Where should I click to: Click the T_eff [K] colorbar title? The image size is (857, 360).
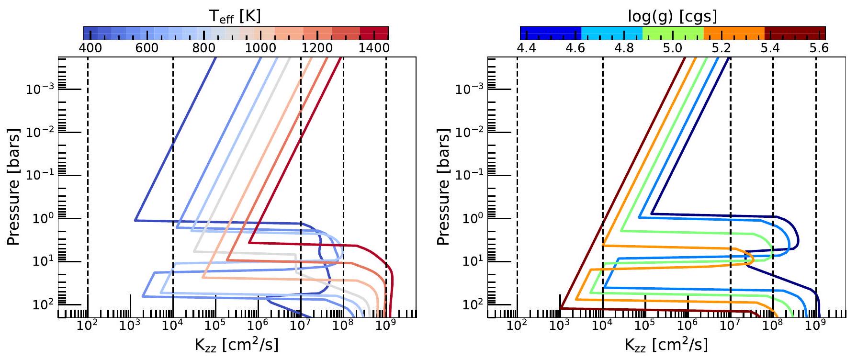coord(235,16)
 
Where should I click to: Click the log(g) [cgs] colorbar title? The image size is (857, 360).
coord(672,16)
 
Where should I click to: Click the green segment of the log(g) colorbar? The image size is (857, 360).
coord(673,33)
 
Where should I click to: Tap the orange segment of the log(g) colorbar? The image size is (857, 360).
coord(734,33)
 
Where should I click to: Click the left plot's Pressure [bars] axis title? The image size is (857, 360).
coord(14,187)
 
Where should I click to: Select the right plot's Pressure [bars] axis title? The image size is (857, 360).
coord(444,187)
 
